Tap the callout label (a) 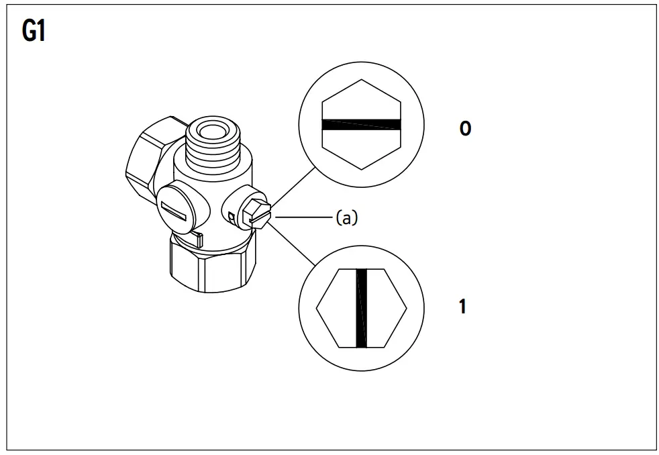coord(346,218)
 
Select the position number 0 coord(465,128)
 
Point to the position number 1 coord(462,308)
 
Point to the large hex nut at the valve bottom coord(213,265)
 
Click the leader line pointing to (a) coord(302,217)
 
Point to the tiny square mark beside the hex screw coord(232,217)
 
